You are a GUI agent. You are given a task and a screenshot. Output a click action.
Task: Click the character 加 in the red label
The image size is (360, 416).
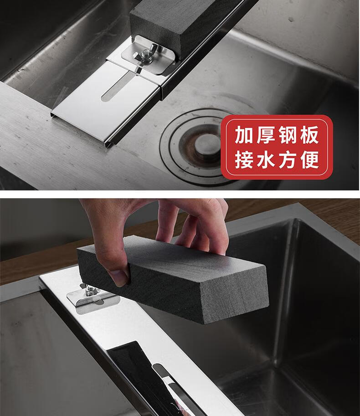243,135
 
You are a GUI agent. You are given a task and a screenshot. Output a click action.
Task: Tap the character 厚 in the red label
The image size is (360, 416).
265,135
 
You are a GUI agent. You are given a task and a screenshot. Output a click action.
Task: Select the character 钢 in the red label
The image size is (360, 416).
288,135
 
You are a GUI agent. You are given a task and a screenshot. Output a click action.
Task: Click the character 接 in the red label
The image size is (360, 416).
243,159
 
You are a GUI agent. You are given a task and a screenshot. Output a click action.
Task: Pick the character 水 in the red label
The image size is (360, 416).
265,159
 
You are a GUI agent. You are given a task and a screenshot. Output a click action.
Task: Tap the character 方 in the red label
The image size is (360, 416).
288,159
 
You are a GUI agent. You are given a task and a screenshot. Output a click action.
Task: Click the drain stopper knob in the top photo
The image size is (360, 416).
207,144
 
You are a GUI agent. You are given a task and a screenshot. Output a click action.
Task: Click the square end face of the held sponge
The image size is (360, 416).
233,294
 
